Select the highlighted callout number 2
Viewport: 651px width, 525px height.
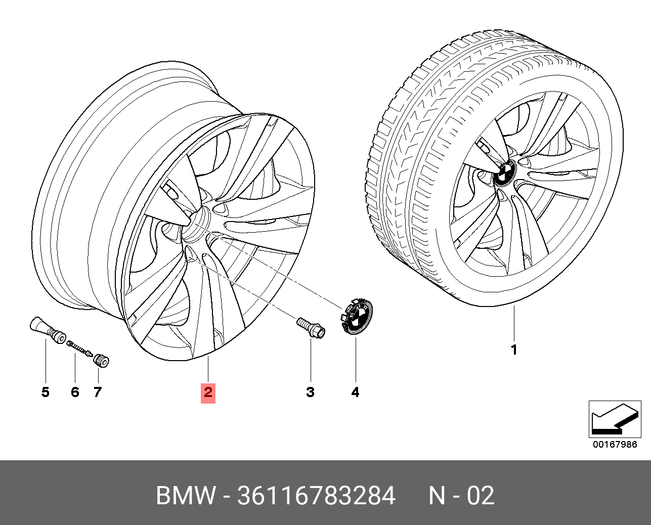click(208, 392)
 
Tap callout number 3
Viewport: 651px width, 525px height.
click(311, 392)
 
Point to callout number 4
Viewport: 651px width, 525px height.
click(356, 392)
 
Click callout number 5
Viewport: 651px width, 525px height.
click(46, 392)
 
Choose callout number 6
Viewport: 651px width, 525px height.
click(75, 392)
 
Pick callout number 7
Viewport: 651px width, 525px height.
click(98, 392)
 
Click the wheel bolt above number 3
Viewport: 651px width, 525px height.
click(311, 328)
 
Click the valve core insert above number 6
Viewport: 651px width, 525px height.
click(79, 349)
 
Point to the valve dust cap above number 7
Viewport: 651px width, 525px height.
click(101, 361)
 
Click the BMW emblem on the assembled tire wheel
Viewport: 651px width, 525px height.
click(505, 173)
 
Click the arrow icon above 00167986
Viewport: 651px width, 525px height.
click(615, 419)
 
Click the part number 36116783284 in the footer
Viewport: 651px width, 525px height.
click(316, 496)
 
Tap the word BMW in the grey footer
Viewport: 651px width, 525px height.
click(186, 496)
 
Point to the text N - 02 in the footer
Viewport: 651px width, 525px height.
click(462, 496)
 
